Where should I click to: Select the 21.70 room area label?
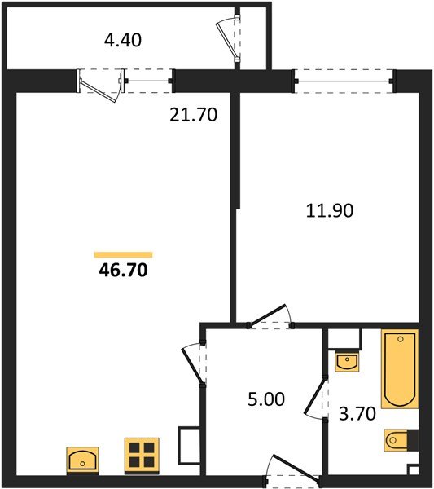[195, 116]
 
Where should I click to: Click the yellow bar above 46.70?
[123, 254]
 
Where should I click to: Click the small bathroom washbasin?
[347, 359]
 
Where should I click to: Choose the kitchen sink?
[81, 460]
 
